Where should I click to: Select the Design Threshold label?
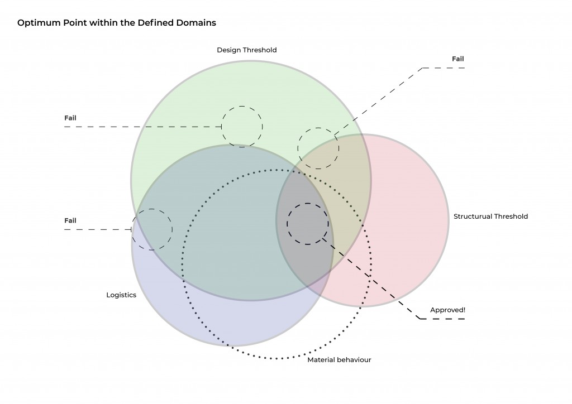click(246, 50)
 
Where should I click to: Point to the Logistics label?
click(121, 295)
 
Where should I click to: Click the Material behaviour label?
click(339, 360)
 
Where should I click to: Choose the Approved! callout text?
click(447, 310)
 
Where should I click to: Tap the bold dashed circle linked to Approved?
click(308, 223)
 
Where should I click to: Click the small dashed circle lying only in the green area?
click(242, 127)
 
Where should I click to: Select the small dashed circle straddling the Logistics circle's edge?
click(152, 229)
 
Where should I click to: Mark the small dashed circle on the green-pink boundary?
click(318, 148)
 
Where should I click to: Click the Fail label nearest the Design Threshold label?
click(70, 118)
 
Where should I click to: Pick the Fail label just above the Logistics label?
click(70, 220)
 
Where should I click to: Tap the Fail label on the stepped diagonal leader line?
click(457, 59)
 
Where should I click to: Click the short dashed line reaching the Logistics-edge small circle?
click(98, 229)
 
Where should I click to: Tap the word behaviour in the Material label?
click(355, 360)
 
